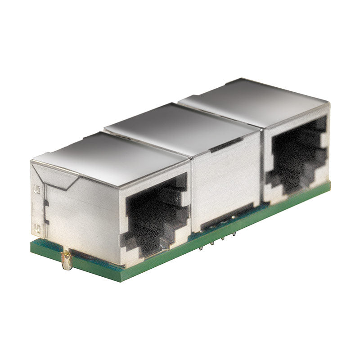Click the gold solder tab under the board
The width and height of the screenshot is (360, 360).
pos(67,260)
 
